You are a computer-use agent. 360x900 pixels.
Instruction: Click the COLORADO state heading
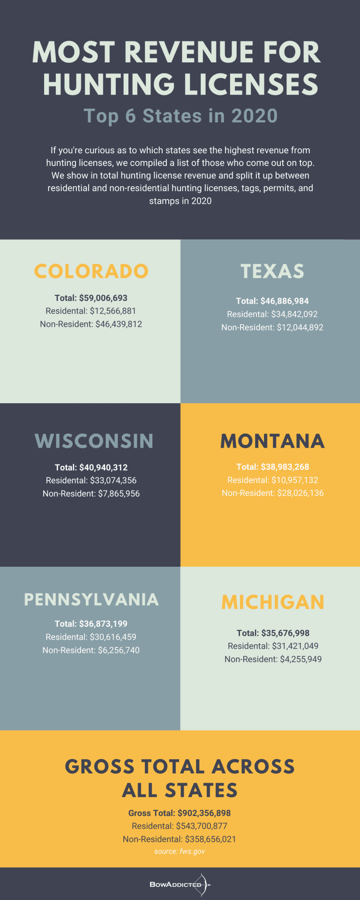click(91, 271)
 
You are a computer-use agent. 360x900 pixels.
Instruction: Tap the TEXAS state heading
click(272, 271)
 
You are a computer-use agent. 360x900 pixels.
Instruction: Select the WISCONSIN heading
click(94, 441)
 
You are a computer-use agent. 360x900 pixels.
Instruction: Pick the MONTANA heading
click(272, 441)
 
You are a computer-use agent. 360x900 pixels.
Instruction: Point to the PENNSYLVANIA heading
click(91, 600)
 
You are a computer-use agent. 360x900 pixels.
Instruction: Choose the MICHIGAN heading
click(273, 602)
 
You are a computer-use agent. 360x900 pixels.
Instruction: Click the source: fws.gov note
click(180, 851)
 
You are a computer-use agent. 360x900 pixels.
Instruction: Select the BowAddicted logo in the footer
click(180, 885)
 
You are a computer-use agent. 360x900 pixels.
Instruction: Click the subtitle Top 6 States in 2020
click(180, 116)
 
